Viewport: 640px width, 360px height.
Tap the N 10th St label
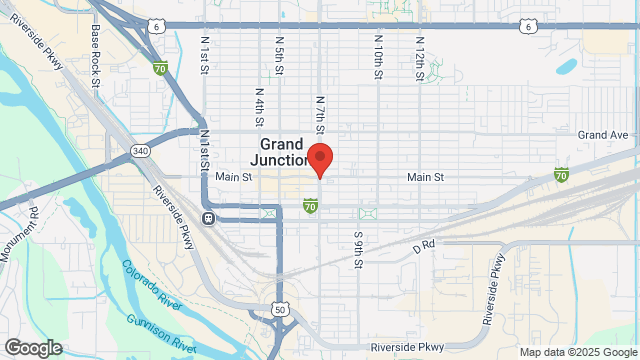(379, 56)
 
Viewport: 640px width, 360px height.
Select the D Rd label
(426, 244)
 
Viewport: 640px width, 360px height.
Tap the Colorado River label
(147, 284)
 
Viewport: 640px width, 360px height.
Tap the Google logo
(32, 348)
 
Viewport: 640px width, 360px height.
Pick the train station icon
(208, 218)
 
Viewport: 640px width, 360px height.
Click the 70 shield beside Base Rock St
(160, 69)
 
